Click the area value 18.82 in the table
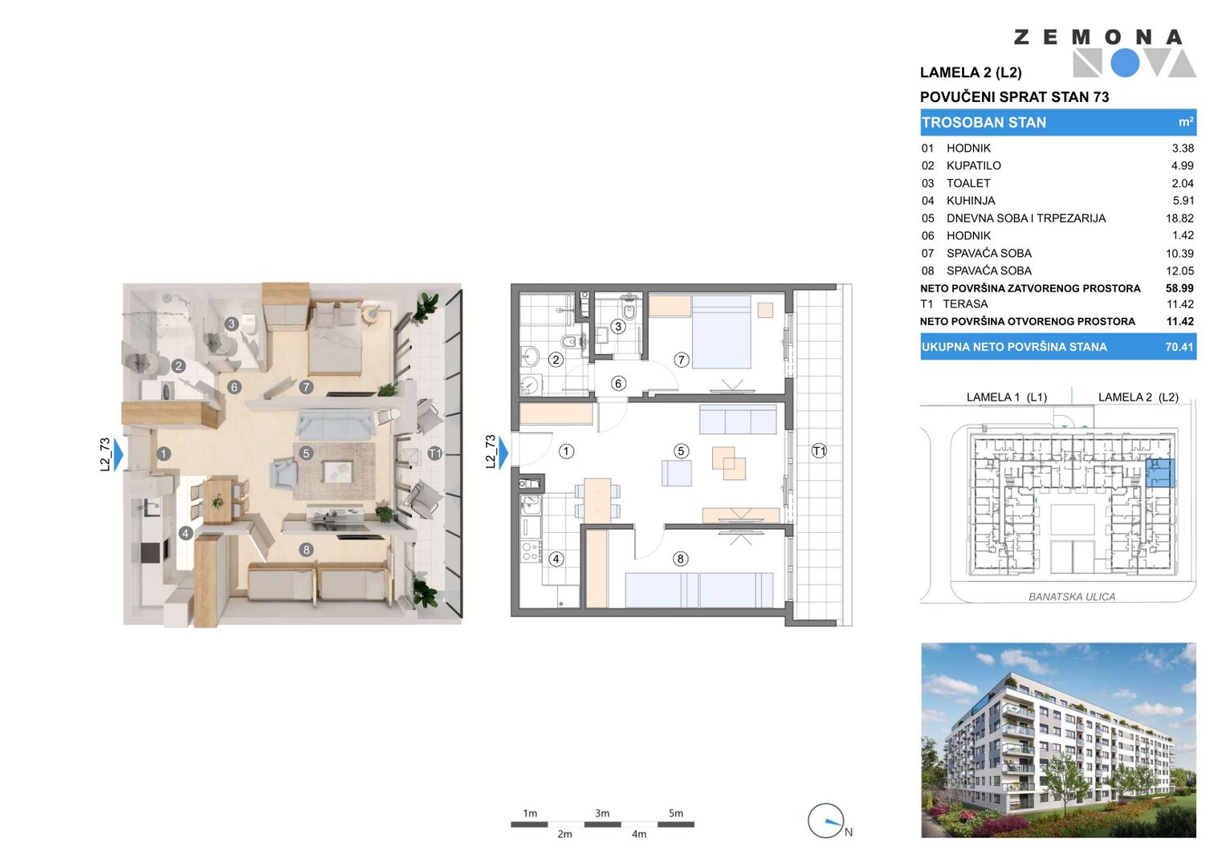[x=1179, y=218]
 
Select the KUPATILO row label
[x=974, y=166]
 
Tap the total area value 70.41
[x=1179, y=347]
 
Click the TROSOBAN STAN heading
[x=984, y=123]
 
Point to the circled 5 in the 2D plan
[x=681, y=451]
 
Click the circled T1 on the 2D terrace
[x=819, y=451]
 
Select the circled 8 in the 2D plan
[x=680, y=559]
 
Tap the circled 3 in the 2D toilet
[x=618, y=327]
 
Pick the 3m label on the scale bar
[x=602, y=813]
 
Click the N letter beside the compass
[x=849, y=832]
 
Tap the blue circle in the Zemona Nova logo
[x=1125, y=63]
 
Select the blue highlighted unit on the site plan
[x=1160, y=473]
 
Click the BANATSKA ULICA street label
[x=1072, y=596]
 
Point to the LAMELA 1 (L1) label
[x=1007, y=397]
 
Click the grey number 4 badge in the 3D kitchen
[x=185, y=532]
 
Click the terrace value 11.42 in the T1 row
[x=1179, y=304]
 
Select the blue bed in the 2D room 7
[x=721, y=332]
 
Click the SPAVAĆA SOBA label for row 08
[x=989, y=271]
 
